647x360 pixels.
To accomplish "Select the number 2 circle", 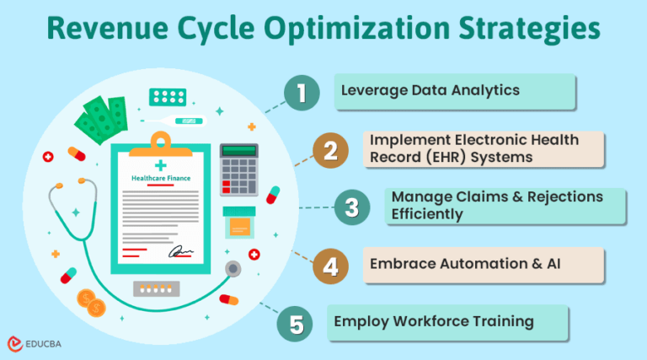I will click(331, 151).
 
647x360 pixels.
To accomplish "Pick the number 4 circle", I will click(331, 266).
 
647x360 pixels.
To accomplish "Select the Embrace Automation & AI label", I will click(466, 264).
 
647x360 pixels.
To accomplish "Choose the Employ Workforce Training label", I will click(435, 321).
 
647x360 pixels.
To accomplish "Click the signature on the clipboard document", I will click(182, 251).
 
